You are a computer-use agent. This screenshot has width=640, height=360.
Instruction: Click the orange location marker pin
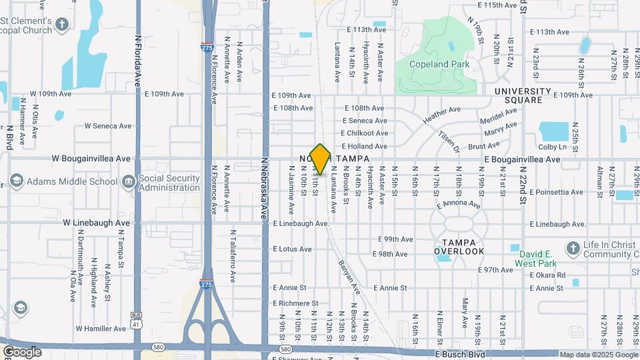click(x=321, y=159)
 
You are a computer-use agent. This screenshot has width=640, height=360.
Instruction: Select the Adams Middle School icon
click(x=17, y=181)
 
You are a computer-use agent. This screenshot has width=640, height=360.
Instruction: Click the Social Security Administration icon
click(x=128, y=181)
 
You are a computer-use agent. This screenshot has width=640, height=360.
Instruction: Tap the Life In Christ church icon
click(x=573, y=249)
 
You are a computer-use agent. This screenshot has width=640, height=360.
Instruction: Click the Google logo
click(x=22, y=351)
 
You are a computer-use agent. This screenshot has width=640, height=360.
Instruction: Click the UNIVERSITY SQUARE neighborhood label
click(x=523, y=95)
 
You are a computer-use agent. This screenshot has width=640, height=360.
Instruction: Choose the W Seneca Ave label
click(x=108, y=126)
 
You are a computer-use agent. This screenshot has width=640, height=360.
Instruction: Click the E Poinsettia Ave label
click(x=557, y=192)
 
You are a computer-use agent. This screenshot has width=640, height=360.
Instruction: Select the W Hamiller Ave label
click(x=101, y=329)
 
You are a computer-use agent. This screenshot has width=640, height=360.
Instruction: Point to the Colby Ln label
click(x=552, y=147)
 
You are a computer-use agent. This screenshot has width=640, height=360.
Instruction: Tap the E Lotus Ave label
click(x=292, y=249)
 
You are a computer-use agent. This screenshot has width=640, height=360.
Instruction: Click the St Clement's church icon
click(x=62, y=25)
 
